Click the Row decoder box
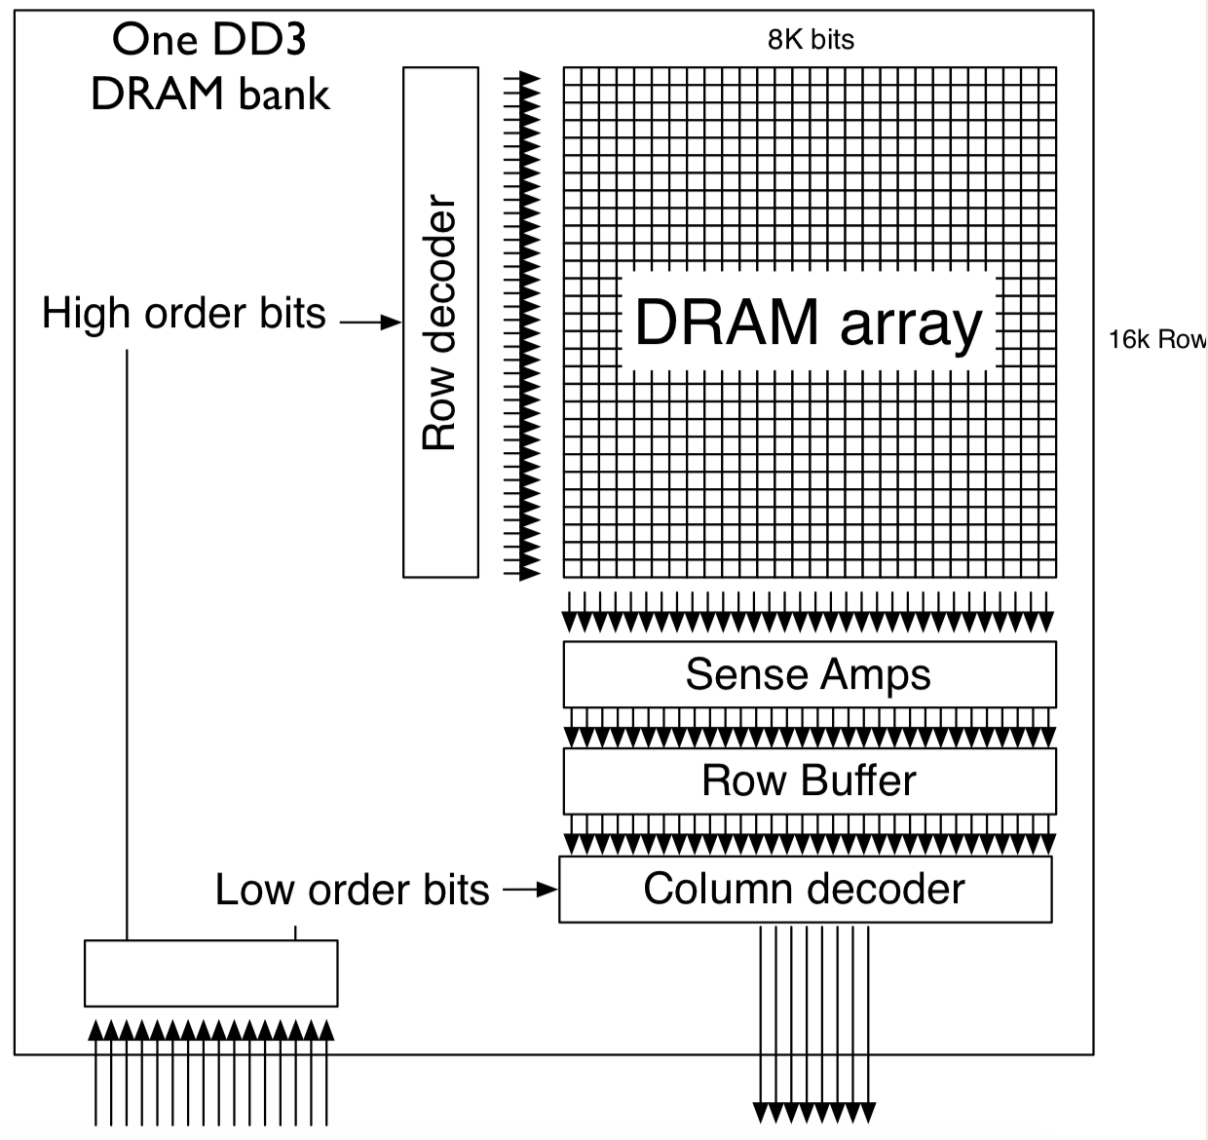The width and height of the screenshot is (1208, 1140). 440,322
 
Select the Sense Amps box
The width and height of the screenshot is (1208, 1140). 809,674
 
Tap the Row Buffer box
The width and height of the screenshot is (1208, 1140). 809,780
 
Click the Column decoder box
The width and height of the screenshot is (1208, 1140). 805,889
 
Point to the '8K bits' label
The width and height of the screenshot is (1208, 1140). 811,40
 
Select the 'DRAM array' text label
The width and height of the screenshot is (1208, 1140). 809,323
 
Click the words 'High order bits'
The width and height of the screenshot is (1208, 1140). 183,314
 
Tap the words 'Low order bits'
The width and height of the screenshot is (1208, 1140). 352,891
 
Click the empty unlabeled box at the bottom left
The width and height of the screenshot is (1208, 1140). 210,972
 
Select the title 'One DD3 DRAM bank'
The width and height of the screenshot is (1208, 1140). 210,68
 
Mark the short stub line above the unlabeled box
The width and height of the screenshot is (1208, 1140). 296,932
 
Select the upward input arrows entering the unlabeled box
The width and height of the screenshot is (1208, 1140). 211,1072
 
